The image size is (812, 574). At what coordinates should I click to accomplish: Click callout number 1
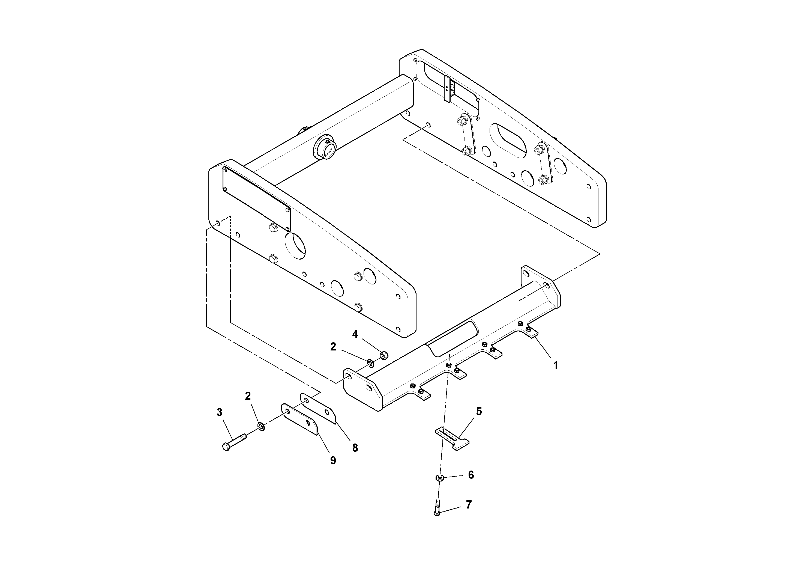tap(556, 365)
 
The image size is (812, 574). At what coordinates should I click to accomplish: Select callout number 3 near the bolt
tap(219, 412)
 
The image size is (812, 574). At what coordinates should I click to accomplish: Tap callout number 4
tap(355, 334)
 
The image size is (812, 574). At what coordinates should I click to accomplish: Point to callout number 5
tap(479, 411)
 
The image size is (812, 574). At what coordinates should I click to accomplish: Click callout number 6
tap(471, 475)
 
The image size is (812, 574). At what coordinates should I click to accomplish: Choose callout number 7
tap(469, 505)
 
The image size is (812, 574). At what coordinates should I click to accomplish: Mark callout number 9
tap(333, 460)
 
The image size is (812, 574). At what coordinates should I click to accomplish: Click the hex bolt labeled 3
tap(234, 441)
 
